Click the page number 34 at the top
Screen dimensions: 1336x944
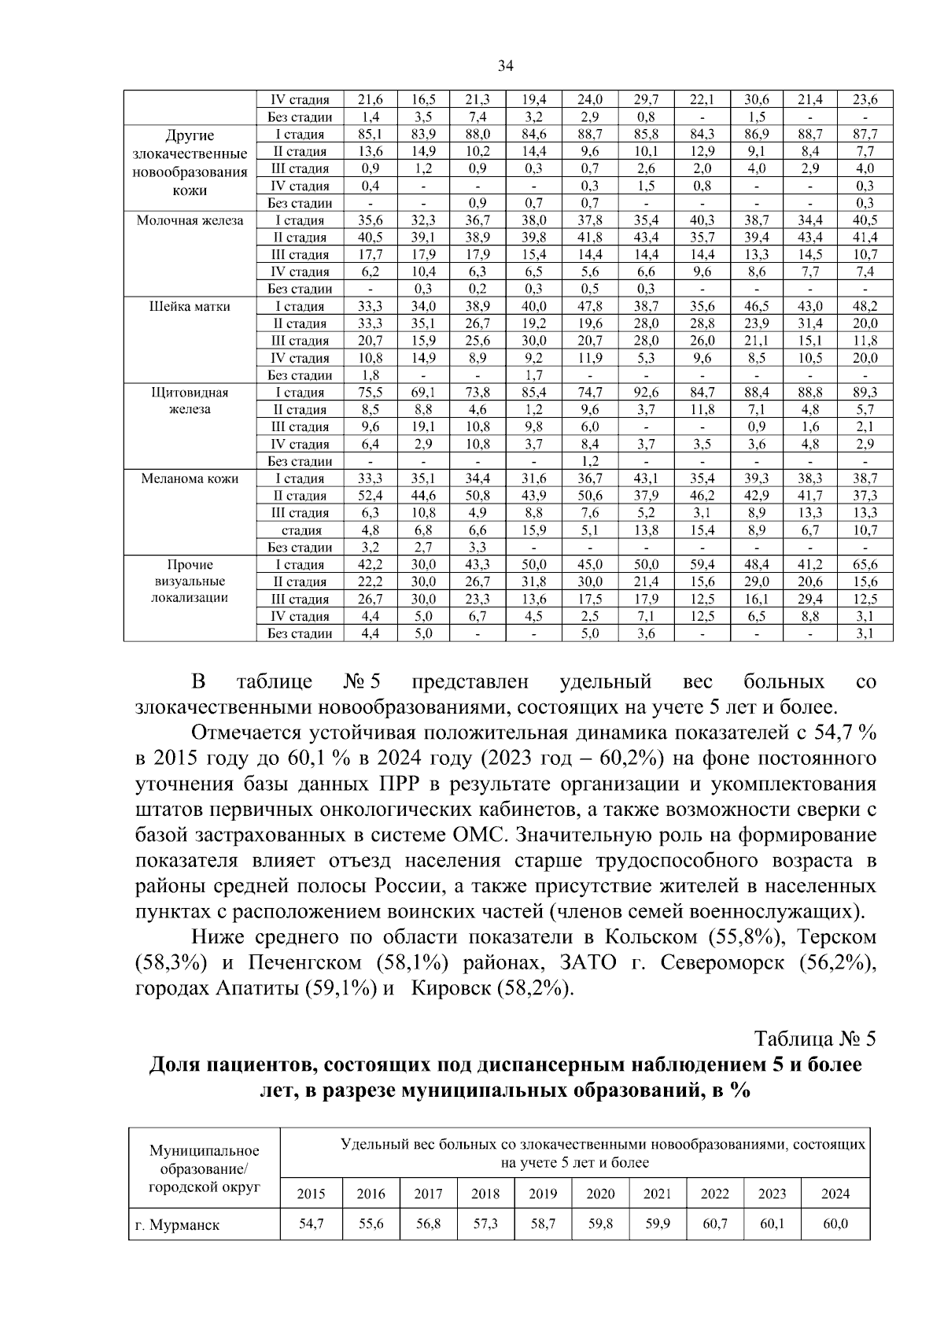point(506,66)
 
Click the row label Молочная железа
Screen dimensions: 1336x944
point(190,220)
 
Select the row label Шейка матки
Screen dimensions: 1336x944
point(190,306)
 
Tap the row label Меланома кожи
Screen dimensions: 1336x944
point(190,478)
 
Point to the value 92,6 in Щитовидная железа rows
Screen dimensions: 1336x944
point(645,392)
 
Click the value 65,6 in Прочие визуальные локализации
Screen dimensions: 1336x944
point(865,564)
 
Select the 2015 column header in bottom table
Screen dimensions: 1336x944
point(311,1194)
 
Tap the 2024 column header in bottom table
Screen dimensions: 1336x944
point(835,1194)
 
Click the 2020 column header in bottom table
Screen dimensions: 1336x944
point(600,1194)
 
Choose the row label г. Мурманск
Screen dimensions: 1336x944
point(177,1225)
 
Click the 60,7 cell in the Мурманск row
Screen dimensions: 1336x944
point(714,1224)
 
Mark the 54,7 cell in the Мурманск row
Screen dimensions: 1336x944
point(311,1224)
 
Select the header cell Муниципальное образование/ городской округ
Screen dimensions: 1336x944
point(204,1169)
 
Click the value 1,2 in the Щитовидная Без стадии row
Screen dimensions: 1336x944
point(589,461)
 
